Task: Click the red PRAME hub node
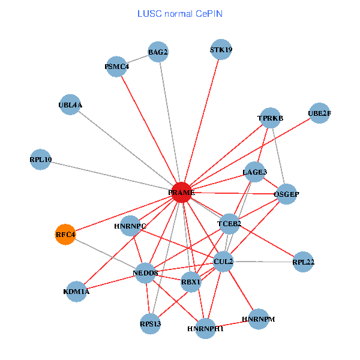(x=181, y=192)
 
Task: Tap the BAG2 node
(x=158, y=52)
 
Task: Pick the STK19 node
(x=221, y=50)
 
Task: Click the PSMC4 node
(x=116, y=66)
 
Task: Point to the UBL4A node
(x=70, y=105)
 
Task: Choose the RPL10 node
(x=40, y=160)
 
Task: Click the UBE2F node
(x=319, y=113)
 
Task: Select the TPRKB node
(x=270, y=118)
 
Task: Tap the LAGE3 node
(x=254, y=172)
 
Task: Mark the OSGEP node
(x=286, y=194)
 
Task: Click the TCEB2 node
(x=229, y=224)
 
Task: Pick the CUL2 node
(x=223, y=261)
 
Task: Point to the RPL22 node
(x=303, y=262)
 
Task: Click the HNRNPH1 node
(x=205, y=328)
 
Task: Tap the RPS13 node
(x=151, y=324)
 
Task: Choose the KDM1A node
(x=76, y=292)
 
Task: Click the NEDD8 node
(x=145, y=273)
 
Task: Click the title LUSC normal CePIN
(x=180, y=13)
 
